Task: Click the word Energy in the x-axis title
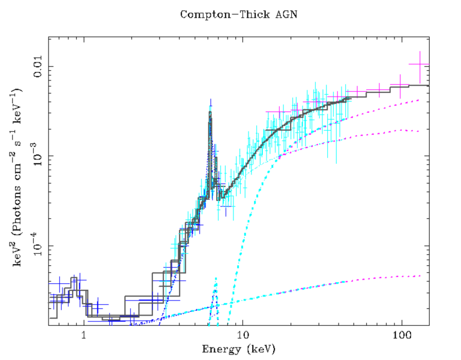[x=220, y=348]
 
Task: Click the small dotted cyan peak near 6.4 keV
[x=215, y=279]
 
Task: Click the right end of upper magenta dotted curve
[x=418, y=100]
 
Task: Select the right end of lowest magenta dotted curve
[x=418, y=275]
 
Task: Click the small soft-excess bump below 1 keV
[x=74, y=279]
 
